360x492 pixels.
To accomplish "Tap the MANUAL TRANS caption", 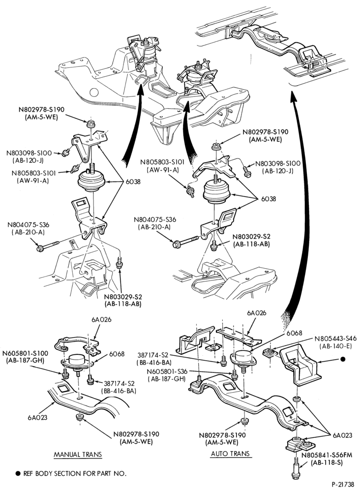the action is pyautogui.click(x=78, y=454).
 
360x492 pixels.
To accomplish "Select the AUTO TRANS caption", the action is pyautogui.click(x=230, y=454).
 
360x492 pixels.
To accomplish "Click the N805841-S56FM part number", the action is pyautogui.click(x=327, y=455).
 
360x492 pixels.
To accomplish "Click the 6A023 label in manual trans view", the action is pyautogui.click(x=37, y=417).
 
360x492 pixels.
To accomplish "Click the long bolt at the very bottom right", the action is pyautogui.click(x=296, y=468).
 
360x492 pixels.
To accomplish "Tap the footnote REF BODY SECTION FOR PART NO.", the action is pyautogui.click(x=75, y=473).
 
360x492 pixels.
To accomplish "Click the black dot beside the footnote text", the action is pyautogui.click(x=18, y=473).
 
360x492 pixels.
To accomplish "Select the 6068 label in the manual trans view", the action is pyautogui.click(x=117, y=354).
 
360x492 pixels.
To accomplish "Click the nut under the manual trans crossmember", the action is pyautogui.click(x=79, y=417).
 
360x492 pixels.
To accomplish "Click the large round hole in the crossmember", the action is pyautogui.click(x=94, y=92).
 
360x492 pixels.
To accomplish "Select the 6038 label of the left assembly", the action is pyautogui.click(x=133, y=182).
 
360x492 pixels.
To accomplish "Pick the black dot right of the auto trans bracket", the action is pyautogui.click(x=343, y=359).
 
